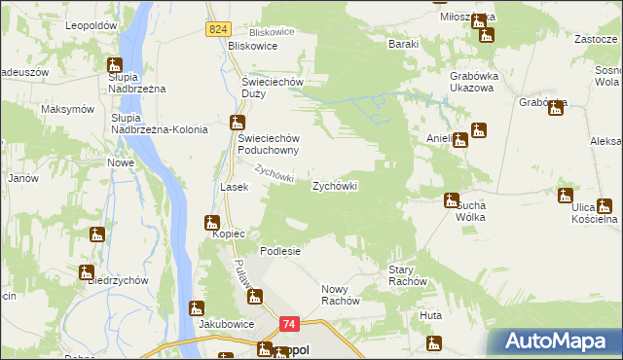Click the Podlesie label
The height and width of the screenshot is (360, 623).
279,250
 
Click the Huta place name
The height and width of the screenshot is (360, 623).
430,316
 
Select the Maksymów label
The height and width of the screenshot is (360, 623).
67,109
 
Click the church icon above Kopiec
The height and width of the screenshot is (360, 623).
211,223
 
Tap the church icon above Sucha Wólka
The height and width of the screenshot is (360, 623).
451,200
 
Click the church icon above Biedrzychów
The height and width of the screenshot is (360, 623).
88,273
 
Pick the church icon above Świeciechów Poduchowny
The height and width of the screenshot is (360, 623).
237,123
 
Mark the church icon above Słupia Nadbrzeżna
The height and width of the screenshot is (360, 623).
114,66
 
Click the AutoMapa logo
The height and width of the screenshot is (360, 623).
556,341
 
